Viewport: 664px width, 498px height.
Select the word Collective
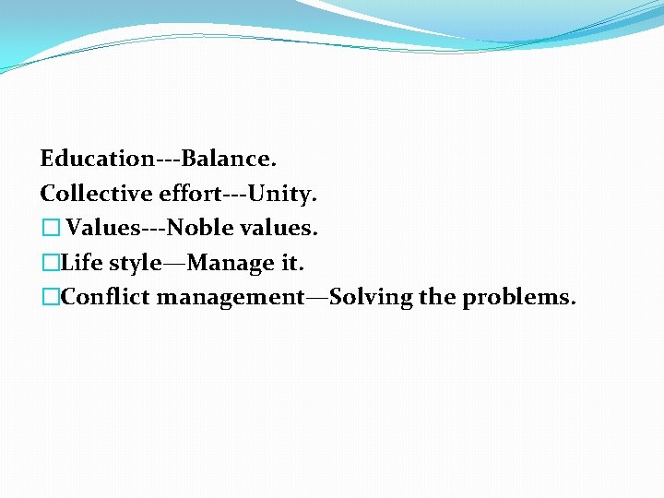point(97,194)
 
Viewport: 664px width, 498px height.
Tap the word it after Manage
point(290,263)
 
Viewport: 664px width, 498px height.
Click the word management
point(230,298)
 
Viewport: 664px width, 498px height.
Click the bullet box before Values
point(50,228)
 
